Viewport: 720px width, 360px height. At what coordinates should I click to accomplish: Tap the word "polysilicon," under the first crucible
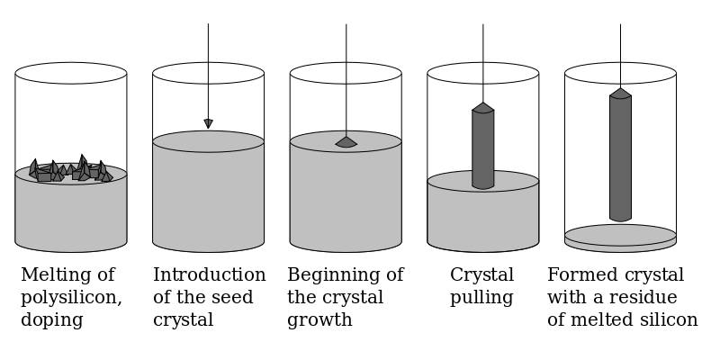click(x=71, y=298)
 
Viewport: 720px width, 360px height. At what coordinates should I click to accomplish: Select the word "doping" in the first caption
click(x=52, y=320)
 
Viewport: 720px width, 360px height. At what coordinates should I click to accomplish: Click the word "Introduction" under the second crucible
click(x=209, y=275)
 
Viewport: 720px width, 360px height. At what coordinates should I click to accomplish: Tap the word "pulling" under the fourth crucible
click(x=481, y=298)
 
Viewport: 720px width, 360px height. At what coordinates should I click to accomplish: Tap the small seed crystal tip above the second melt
click(x=208, y=123)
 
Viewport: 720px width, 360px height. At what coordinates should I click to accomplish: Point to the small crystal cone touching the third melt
click(x=346, y=142)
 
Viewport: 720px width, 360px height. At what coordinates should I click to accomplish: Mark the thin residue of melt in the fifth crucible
click(x=620, y=236)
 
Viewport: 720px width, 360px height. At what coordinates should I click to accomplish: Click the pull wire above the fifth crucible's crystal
click(x=620, y=54)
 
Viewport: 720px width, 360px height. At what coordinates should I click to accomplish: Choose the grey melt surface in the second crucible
click(x=208, y=141)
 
